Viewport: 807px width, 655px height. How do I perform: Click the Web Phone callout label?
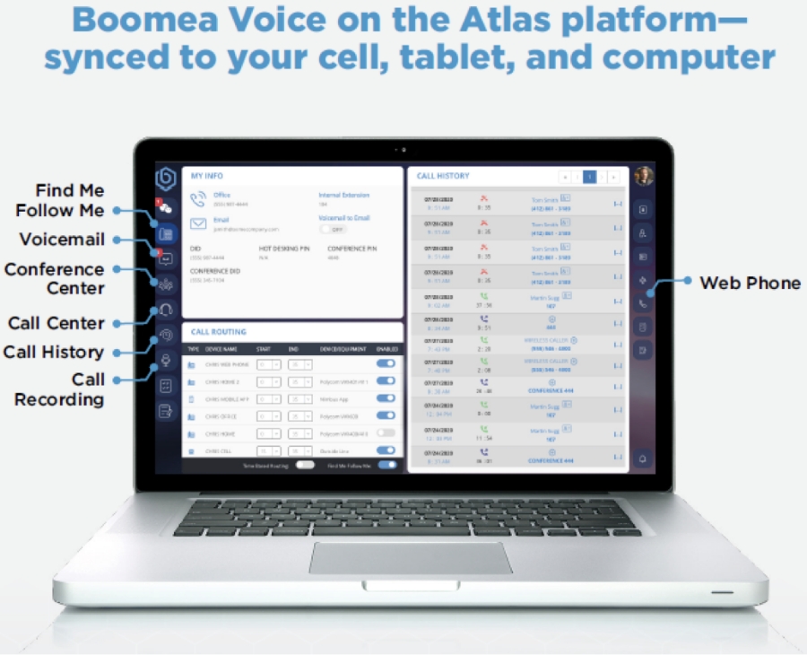click(x=750, y=283)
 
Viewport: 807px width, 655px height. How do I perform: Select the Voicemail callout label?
click(x=63, y=240)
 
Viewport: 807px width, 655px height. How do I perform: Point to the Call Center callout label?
click(x=56, y=323)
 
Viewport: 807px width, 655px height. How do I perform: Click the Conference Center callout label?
click(x=55, y=279)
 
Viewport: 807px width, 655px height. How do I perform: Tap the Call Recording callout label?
click(x=60, y=389)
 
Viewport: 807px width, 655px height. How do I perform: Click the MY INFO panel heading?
click(x=208, y=176)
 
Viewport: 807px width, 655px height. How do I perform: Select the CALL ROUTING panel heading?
click(x=219, y=332)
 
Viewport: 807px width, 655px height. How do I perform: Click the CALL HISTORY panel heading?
click(x=443, y=176)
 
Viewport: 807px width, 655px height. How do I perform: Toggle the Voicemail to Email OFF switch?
click(x=335, y=229)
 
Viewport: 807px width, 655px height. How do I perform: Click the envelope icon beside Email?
click(x=198, y=223)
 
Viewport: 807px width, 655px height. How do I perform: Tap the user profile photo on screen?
click(x=643, y=176)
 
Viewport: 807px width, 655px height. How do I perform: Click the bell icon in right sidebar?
click(x=643, y=458)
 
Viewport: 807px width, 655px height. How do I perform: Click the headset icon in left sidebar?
click(x=165, y=310)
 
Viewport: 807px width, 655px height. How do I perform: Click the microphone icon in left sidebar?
click(x=165, y=360)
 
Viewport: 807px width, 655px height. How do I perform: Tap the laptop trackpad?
click(x=412, y=557)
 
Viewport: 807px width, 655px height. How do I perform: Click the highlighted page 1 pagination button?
click(x=589, y=177)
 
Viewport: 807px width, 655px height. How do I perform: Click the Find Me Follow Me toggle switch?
click(x=386, y=466)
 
